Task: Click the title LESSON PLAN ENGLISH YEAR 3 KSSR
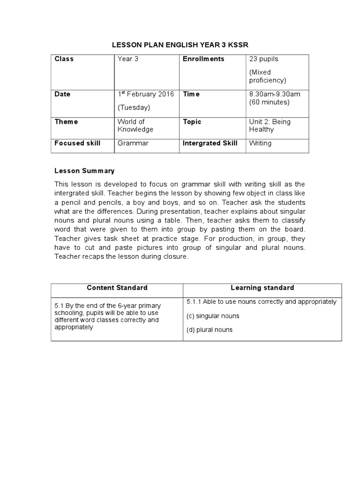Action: tap(180, 45)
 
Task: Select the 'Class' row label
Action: tap(64, 59)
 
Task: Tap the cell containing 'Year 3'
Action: tap(127, 59)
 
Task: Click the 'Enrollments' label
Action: tap(203, 59)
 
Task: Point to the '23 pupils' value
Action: tap(263, 59)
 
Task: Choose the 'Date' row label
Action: tap(62, 94)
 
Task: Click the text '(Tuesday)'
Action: tap(134, 107)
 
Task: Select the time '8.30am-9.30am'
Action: tap(275, 94)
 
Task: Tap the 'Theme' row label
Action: tap(66, 122)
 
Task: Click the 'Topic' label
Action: tap(192, 122)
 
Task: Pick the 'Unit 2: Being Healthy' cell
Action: tap(270, 126)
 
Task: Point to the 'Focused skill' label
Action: tap(77, 143)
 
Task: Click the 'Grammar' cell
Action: tap(133, 143)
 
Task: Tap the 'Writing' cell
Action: tap(260, 143)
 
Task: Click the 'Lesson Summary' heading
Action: tap(84, 171)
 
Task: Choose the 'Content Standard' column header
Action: tap(117, 288)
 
